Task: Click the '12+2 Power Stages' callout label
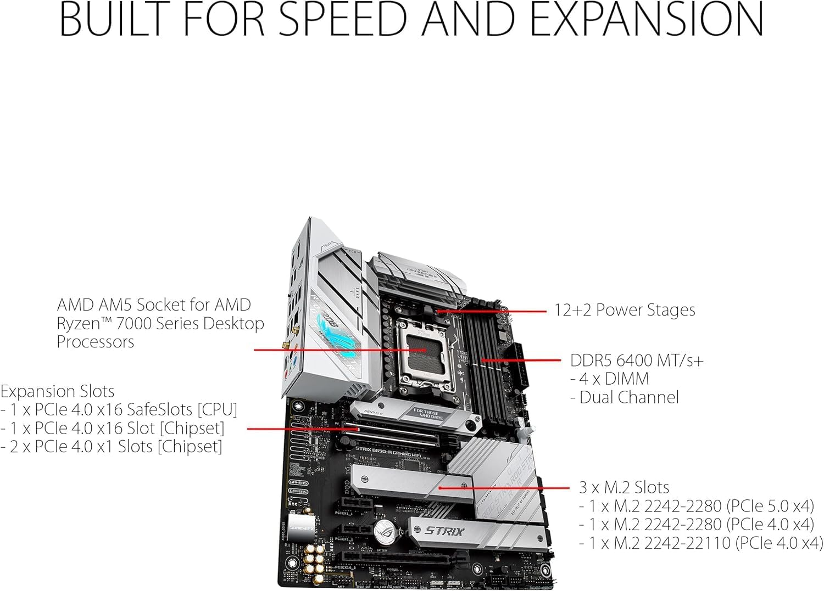(x=624, y=310)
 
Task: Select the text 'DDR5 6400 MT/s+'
(x=637, y=361)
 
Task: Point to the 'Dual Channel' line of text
(x=628, y=397)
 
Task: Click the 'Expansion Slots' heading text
(x=57, y=391)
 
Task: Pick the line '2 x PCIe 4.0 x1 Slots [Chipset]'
(x=112, y=446)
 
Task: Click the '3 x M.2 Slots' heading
(x=624, y=487)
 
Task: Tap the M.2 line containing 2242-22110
(x=701, y=543)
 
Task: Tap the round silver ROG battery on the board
(x=387, y=530)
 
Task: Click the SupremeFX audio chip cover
(x=300, y=524)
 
